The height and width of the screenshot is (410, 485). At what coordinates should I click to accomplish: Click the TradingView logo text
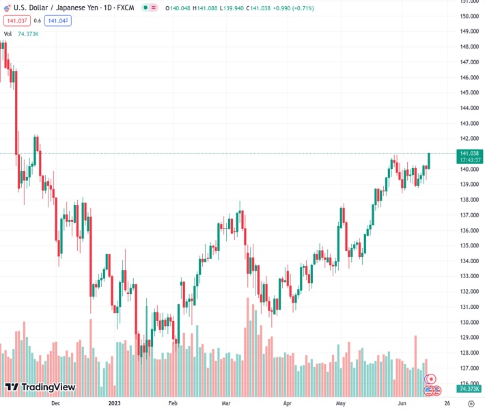point(48,387)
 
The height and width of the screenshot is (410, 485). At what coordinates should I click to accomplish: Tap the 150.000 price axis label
point(468,16)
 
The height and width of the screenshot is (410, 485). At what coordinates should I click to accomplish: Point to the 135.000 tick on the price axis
point(468,246)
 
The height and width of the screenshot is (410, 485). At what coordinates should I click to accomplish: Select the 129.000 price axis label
point(468,338)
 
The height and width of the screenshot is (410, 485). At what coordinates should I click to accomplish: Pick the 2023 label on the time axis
point(115,403)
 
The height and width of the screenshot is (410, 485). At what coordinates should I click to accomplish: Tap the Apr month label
point(287,403)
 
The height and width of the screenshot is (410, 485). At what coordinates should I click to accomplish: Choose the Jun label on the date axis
point(402,403)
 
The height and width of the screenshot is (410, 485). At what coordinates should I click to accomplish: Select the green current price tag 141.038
point(470,153)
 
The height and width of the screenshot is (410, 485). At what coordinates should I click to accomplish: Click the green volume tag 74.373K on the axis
point(470,389)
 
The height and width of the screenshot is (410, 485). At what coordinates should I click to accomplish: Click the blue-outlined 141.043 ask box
point(58,20)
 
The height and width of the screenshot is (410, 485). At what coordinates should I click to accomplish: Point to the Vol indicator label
point(8,33)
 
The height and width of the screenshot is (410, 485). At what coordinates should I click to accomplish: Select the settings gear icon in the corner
point(470,403)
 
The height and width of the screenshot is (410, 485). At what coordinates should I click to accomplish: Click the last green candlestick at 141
point(429,161)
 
